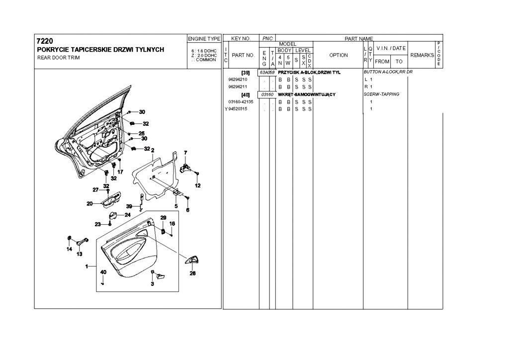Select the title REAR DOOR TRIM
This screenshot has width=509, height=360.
point(58,57)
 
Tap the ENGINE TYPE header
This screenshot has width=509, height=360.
point(204,38)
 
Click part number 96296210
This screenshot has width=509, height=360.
point(238,80)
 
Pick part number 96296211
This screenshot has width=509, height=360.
point(238,87)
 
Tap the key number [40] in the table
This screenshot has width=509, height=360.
point(245,94)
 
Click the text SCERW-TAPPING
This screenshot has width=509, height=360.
point(382,94)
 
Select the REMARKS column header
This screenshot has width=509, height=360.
point(422,55)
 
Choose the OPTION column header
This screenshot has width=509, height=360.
point(339,55)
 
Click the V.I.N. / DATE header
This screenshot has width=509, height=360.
point(391,48)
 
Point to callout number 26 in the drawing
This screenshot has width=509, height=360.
point(192,272)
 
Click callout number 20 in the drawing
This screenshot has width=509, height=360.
point(90,203)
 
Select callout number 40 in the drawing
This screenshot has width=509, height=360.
point(103,272)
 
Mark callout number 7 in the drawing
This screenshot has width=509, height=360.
point(185,152)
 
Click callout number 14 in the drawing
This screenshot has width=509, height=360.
point(69,249)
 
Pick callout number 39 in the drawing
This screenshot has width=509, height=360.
point(129,206)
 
